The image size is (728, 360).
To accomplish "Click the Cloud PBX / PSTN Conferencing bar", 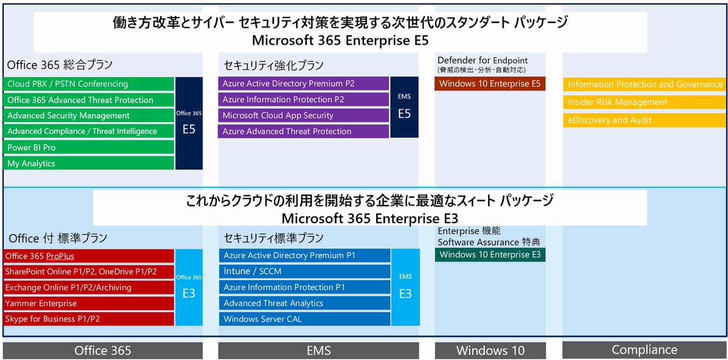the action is (x=89, y=84).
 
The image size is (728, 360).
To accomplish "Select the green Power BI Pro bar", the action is (x=89, y=147).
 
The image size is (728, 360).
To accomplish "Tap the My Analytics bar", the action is (x=89, y=163).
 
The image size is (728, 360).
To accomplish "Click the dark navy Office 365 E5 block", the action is (x=189, y=123).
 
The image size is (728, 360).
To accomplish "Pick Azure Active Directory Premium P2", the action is (x=303, y=84).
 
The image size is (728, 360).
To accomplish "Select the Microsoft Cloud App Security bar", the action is (x=303, y=116).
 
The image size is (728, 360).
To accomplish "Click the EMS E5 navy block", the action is (x=404, y=107).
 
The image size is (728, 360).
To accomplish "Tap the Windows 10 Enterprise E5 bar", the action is (x=490, y=84).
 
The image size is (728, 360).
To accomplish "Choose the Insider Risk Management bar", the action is (x=644, y=102).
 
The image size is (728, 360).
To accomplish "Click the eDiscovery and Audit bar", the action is (x=644, y=120).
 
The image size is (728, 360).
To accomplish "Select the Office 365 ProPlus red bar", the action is (x=89, y=256).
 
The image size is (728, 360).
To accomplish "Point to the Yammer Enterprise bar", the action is (x=89, y=303).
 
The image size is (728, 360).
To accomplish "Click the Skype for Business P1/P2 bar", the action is (x=89, y=319).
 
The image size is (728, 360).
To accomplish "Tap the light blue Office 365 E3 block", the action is (x=189, y=287).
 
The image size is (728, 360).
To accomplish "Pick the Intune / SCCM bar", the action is (x=304, y=271).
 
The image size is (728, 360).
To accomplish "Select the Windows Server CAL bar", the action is (x=304, y=319).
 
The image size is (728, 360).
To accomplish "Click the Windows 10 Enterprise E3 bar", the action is (x=490, y=255).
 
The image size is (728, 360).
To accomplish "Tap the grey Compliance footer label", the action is (x=644, y=350).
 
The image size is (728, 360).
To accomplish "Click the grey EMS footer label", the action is (x=319, y=351).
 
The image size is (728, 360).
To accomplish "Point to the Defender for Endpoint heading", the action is (x=482, y=60).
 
